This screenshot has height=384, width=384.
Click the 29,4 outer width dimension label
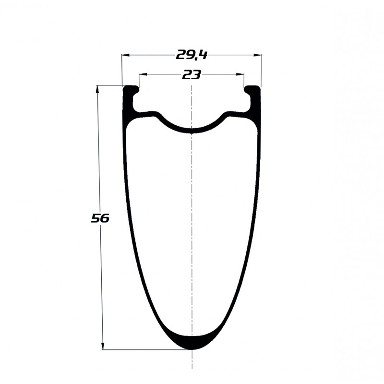pyautogui.click(x=192, y=55)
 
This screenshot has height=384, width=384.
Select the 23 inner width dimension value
pyautogui.click(x=191, y=75)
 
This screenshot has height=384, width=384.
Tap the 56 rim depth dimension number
pyautogui.click(x=100, y=218)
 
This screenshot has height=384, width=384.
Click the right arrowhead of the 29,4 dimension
pyautogui.click(x=258, y=55)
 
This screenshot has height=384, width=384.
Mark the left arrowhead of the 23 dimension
pyautogui.click(x=143, y=74)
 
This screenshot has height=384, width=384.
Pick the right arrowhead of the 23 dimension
pyautogui.click(x=240, y=74)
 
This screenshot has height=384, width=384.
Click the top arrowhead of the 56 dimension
pyautogui.click(x=98, y=89)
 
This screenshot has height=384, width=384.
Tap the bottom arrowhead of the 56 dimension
pyautogui.click(x=103, y=346)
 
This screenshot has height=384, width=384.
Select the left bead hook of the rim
pyautogui.click(x=135, y=91)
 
